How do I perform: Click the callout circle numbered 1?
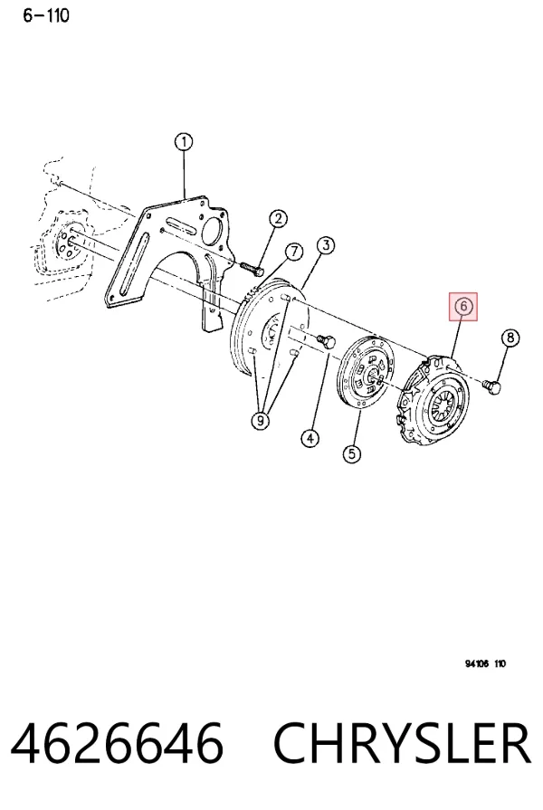[184, 142]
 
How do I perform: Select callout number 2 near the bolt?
[278, 218]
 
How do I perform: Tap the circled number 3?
[326, 245]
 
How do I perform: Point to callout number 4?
[310, 439]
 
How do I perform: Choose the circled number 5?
[352, 454]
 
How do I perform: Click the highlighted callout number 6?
[463, 306]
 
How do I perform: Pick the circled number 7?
[294, 252]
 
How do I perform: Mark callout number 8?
[510, 338]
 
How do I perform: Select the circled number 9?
[261, 421]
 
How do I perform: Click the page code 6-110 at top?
[45, 15]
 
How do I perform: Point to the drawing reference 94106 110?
[485, 663]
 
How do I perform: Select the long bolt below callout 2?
[252, 269]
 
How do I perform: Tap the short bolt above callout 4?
[326, 341]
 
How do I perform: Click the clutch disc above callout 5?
[366, 373]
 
